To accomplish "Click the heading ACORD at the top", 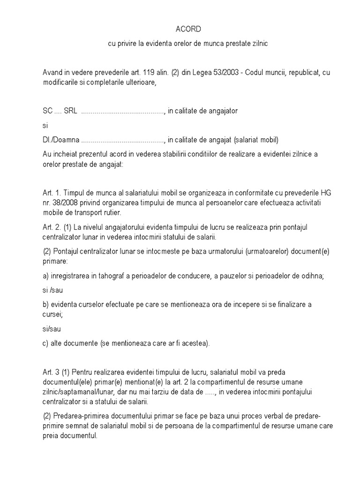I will point(188,30).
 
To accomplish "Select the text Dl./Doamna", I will point(60,140).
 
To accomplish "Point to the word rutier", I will point(111,212).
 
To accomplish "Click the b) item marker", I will point(45,304).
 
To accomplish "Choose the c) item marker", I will point(45,343).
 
